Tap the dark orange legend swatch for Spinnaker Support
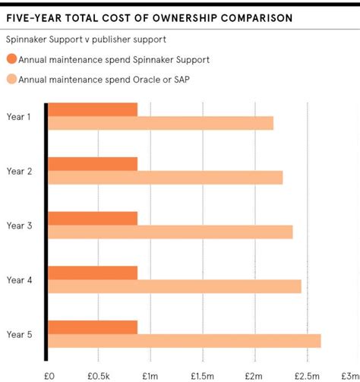(11, 58)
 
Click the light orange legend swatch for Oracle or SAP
(11, 78)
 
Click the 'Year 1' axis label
(19, 116)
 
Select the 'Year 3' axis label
(19, 225)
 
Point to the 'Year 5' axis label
(19, 334)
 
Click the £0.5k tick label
(99, 375)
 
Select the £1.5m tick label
(203, 375)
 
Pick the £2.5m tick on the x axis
(306, 375)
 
